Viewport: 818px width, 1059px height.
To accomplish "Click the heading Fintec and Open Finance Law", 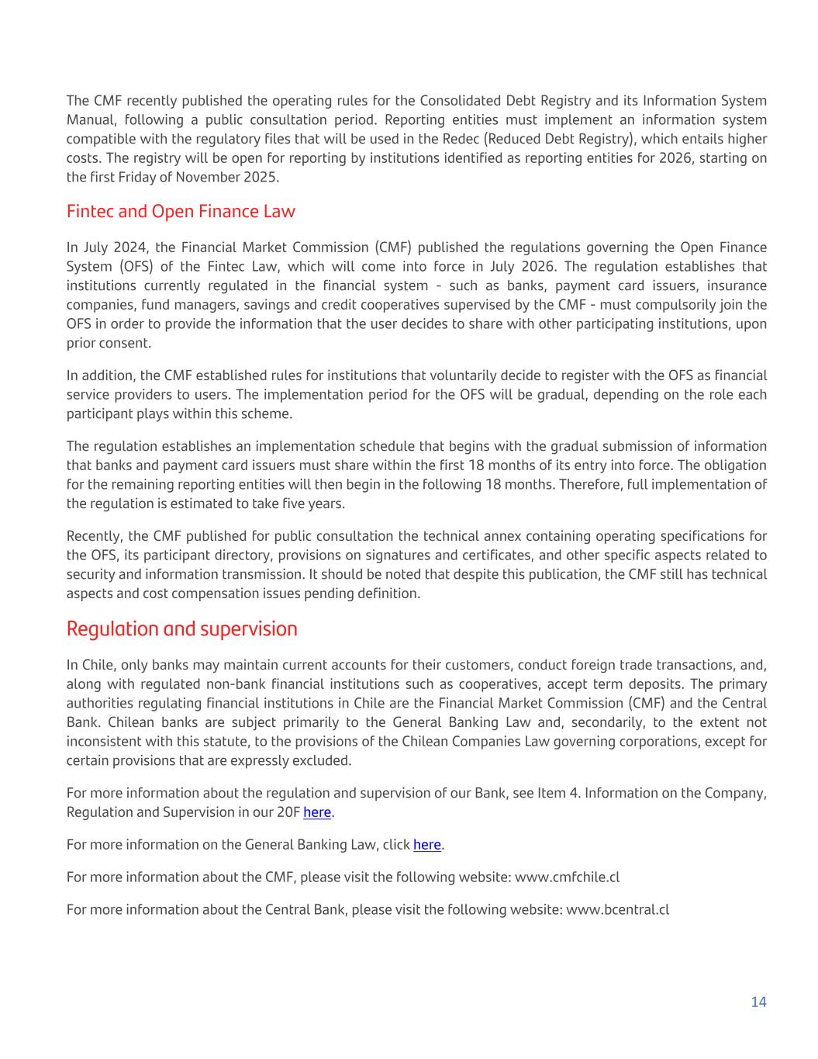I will tap(181, 211).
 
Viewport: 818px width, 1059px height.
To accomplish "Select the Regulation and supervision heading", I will tap(181, 628).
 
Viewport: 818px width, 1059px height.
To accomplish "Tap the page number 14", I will tap(758, 1002).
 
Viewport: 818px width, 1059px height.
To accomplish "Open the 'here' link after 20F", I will tap(317, 812).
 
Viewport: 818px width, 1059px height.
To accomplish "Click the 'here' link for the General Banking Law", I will tap(427, 845).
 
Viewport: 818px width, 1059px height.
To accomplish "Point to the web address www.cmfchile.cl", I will tap(567, 877).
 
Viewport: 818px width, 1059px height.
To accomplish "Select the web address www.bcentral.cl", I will tap(617, 910).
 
